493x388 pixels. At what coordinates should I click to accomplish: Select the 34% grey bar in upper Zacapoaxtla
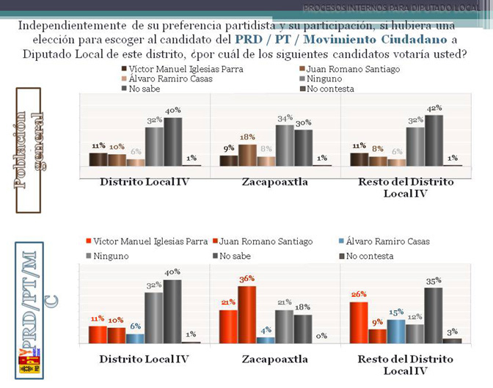pyautogui.click(x=285, y=145)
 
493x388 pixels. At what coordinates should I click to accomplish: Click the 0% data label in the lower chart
pyautogui.click(x=321, y=336)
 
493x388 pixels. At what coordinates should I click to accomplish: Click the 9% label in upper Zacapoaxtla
pyautogui.click(x=228, y=149)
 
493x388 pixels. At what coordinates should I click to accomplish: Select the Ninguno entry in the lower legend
pyautogui.click(x=112, y=256)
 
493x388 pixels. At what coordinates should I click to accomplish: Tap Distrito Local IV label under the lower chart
pyautogui.click(x=144, y=359)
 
